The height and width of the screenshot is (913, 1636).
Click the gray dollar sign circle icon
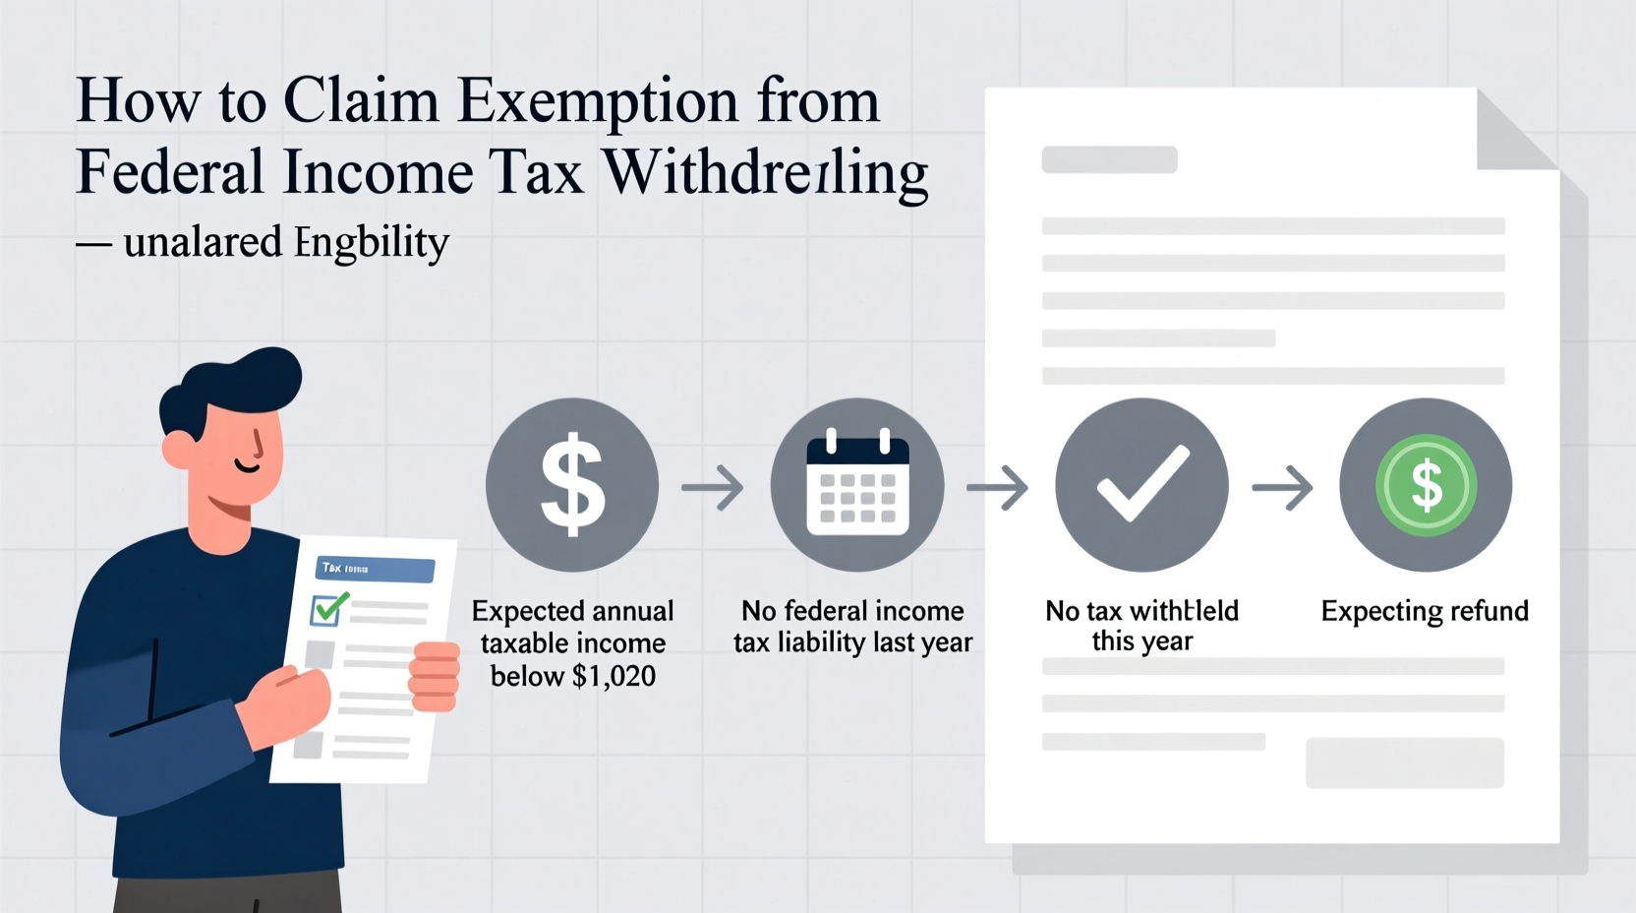click(x=572, y=485)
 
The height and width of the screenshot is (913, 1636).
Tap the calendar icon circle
click(x=857, y=485)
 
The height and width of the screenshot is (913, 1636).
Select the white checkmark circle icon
click(x=1141, y=485)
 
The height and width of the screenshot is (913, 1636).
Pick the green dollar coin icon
click(x=1426, y=485)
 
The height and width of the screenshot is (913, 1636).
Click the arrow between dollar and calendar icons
click(x=713, y=487)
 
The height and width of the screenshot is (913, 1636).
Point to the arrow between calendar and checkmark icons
click(x=998, y=487)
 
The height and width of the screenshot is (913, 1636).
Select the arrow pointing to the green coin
click(x=1283, y=487)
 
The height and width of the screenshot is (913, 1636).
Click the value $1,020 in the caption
click(x=613, y=677)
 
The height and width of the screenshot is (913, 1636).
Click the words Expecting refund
click(x=1425, y=611)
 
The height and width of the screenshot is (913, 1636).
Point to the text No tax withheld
click(x=1141, y=611)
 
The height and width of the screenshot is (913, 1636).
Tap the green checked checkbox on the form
click(x=328, y=609)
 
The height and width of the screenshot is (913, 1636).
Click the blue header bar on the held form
click(x=375, y=569)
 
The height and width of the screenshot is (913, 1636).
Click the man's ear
click(x=180, y=449)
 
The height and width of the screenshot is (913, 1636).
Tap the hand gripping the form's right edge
click(x=435, y=676)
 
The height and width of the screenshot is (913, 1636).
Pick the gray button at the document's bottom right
click(x=1404, y=762)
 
